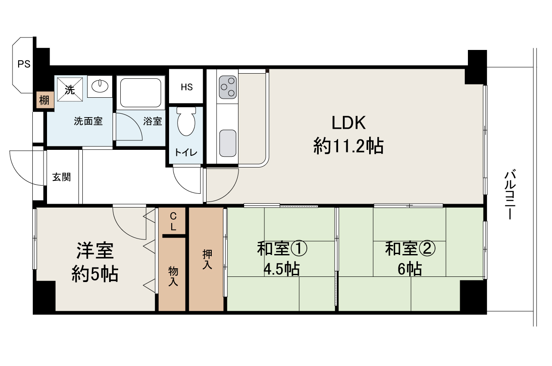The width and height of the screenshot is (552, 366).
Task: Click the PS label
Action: [x=24, y=64]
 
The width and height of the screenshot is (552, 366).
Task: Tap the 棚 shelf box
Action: [x=44, y=100]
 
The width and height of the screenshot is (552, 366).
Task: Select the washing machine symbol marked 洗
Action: [x=70, y=90]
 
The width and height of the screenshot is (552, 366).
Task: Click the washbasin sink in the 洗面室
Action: [x=100, y=87]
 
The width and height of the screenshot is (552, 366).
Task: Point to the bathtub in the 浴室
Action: [x=141, y=93]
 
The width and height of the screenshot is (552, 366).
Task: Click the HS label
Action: [x=187, y=87]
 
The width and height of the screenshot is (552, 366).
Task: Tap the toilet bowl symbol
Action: [x=186, y=121]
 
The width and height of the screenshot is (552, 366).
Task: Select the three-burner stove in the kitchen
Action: [x=228, y=87]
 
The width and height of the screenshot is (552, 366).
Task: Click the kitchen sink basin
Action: [x=228, y=143]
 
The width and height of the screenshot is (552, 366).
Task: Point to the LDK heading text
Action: [x=348, y=123]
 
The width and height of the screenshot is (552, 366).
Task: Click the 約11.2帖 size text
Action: [x=348, y=146]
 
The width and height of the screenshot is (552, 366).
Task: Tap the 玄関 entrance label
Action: [x=62, y=177]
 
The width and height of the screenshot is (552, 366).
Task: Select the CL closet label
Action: [x=173, y=222]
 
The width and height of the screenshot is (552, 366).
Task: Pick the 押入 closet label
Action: [x=207, y=259]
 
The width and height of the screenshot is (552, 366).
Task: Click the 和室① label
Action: [x=282, y=248]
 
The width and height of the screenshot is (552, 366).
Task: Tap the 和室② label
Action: [x=410, y=248]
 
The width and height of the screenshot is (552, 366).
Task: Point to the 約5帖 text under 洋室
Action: [x=95, y=273]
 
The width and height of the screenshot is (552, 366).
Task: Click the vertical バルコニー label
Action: [x=510, y=194]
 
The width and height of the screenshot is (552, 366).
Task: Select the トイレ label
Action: [x=186, y=152]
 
